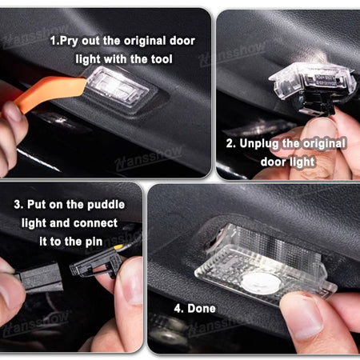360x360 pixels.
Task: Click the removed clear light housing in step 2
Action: click(312, 80)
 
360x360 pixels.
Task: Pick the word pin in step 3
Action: click(94, 242)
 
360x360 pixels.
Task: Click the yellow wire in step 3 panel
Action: click(119, 247)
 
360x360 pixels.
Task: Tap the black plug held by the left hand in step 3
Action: click(40, 278)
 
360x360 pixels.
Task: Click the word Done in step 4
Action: click(202, 309)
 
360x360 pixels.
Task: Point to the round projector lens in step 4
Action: click(261, 283)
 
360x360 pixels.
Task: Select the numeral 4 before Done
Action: click(178, 309)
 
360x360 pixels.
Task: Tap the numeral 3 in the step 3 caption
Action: click(18, 205)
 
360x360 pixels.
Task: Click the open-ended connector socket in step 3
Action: click(95, 265)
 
